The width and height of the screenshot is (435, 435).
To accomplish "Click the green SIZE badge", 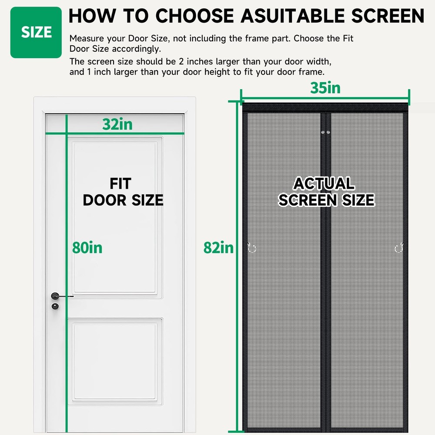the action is click(x=36, y=33).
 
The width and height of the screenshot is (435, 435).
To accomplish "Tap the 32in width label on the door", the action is click(x=117, y=124).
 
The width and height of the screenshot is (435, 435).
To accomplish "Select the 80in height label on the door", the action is click(x=87, y=248).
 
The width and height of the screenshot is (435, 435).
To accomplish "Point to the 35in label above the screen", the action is click(x=325, y=88).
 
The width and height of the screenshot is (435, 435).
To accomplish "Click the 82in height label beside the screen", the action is click(x=219, y=248).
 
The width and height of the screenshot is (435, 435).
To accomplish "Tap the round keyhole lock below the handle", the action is click(x=55, y=306).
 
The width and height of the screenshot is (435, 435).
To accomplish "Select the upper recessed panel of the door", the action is click(x=115, y=217).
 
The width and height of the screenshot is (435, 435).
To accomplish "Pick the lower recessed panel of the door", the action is click(x=115, y=361).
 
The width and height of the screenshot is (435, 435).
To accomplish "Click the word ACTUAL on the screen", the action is click(x=324, y=184).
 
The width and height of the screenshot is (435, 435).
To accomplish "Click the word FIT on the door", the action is click(x=120, y=184).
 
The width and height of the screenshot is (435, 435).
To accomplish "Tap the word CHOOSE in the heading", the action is click(x=194, y=16).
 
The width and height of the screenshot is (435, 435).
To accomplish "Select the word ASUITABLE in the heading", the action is click(x=292, y=16).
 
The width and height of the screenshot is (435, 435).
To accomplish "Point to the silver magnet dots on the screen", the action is click(x=325, y=132).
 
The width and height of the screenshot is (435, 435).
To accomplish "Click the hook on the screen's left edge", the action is click(x=251, y=248).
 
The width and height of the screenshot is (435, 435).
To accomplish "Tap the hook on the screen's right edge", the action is click(x=399, y=248).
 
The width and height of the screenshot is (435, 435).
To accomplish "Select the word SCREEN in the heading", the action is click(x=388, y=16).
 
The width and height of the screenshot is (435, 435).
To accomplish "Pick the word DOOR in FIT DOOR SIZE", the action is click(x=104, y=200).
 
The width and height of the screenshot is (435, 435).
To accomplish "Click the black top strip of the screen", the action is click(x=325, y=107).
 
